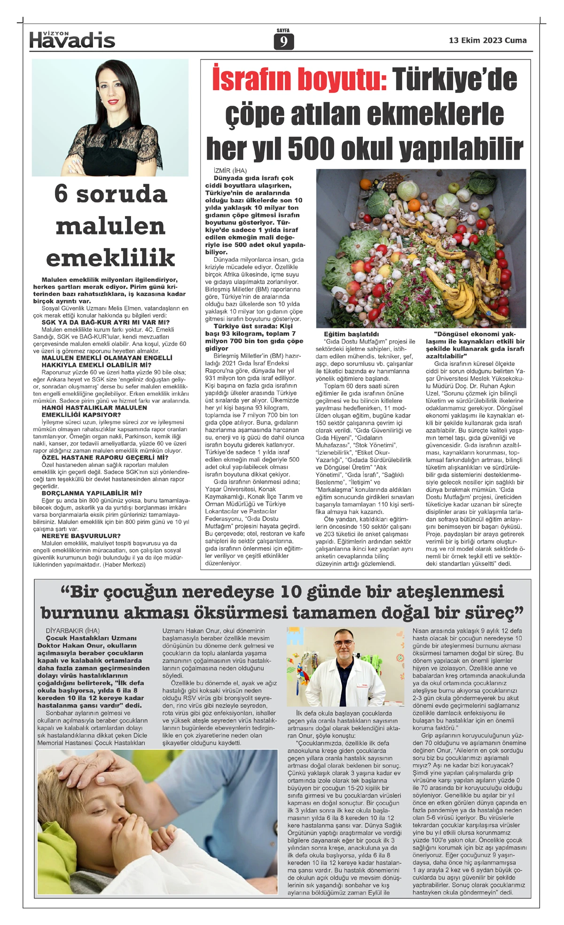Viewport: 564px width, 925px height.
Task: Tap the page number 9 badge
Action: (x=283, y=42)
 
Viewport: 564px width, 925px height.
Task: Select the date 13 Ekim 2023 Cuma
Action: (x=487, y=40)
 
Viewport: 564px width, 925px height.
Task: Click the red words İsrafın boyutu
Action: (x=299, y=79)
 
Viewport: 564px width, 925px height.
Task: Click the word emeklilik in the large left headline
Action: (x=110, y=258)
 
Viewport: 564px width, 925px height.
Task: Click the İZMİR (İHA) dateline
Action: (x=227, y=171)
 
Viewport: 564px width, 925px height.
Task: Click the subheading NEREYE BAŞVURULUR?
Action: (x=81, y=536)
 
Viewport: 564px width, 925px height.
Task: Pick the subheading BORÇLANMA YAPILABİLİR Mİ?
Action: (x=92, y=493)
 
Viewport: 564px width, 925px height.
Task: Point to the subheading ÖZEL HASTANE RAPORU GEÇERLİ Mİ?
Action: (x=105, y=458)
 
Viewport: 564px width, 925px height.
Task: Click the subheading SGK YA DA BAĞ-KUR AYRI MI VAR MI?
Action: (x=105, y=323)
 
